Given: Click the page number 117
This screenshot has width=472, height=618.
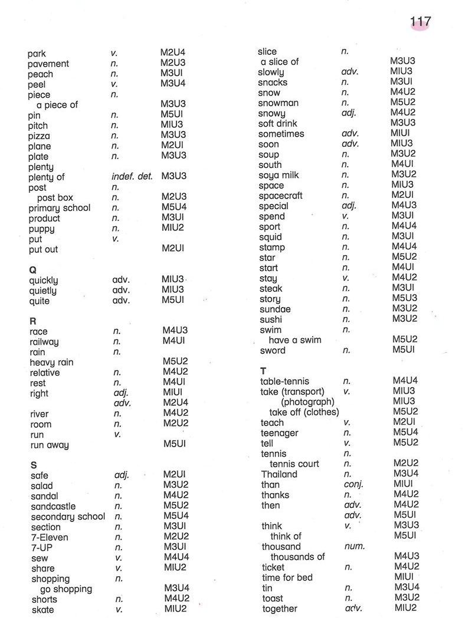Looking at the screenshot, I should coord(420,22).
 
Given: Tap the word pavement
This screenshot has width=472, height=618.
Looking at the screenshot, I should coord(48,64).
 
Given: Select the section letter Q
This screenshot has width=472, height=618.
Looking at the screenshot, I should coord(33,269).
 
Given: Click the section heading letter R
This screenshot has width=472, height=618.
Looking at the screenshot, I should coord(33,321).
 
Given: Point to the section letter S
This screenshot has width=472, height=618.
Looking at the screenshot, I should coord(34,465).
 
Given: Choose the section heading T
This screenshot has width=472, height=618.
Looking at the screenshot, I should coord(263,371).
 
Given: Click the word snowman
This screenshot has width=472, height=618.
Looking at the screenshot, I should coord(278,103).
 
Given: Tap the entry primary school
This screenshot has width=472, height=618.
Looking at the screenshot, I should coord(60,208).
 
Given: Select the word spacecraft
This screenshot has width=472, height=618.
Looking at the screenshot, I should coord(281,196).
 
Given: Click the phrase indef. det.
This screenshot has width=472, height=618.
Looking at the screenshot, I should coord(132,176).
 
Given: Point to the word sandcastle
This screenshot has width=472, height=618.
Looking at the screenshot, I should coord(53,506).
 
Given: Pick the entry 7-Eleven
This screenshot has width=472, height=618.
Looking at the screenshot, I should coord(50,537).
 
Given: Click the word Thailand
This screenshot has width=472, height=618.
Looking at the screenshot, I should coord(280,474).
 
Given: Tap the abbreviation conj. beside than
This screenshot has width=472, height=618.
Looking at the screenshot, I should coord(353,484).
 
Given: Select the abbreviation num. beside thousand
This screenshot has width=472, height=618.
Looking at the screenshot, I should coord(354,546).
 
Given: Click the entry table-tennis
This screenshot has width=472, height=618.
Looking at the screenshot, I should coord(284,381).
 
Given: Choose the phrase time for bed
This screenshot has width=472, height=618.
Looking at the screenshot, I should coord(287,577).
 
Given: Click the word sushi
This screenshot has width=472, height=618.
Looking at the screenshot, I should coord(271,319).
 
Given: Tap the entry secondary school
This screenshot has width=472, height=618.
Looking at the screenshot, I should coord(68,517).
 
